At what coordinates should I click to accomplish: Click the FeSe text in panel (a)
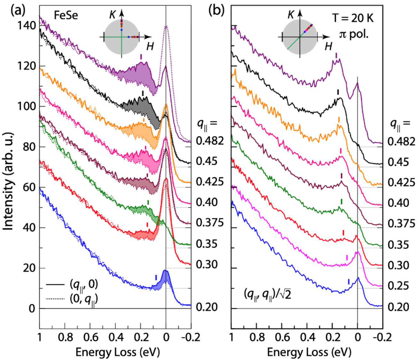click(66, 15)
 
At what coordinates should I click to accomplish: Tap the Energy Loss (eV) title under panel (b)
click(309, 352)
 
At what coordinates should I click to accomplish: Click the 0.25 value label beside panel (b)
click(398, 286)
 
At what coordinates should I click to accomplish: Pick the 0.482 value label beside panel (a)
click(210, 141)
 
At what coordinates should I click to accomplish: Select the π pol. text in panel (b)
click(354, 34)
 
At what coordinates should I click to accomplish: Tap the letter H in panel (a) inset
click(150, 46)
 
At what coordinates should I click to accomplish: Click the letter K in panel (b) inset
click(291, 15)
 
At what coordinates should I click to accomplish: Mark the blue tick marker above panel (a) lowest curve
click(156, 277)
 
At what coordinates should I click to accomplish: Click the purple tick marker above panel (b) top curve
click(336, 55)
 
